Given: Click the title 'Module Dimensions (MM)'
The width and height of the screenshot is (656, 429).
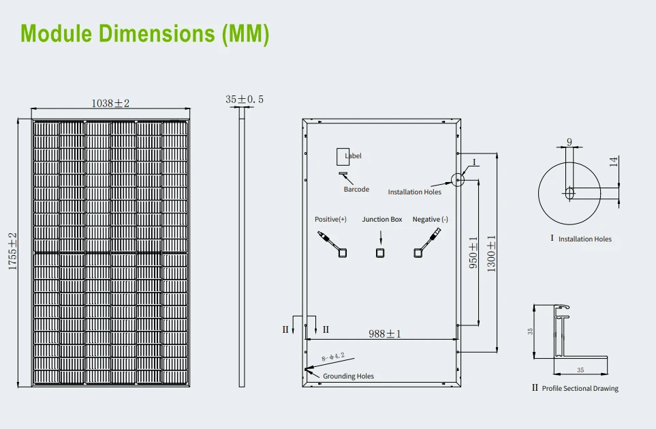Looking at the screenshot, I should (x=145, y=34).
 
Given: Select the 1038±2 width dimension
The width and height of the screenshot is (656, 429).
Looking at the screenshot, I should (x=110, y=103).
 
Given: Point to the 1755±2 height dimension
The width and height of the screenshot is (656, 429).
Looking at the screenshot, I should (x=13, y=252).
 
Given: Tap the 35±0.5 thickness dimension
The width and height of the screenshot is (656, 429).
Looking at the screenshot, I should (x=245, y=100).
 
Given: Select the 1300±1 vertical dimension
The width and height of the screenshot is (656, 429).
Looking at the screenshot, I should (x=491, y=254).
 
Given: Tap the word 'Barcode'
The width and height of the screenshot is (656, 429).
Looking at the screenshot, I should (x=356, y=189).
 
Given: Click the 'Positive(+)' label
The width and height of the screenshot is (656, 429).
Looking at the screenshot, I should (x=330, y=220).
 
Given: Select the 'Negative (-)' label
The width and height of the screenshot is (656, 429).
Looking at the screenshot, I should (x=431, y=220).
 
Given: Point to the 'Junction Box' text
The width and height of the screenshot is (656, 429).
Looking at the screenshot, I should (x=381, y=220).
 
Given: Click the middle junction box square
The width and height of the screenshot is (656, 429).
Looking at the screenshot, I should (x=381, y=253).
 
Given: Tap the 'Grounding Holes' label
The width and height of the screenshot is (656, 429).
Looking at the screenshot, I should (x=348, y=376).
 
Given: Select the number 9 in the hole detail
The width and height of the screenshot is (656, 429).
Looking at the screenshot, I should (x=569, y=143).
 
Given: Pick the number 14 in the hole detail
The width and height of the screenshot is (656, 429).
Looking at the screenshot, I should (x=614, y=162).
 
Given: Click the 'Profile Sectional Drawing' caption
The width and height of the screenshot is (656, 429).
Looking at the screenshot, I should (x=580, y=388).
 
